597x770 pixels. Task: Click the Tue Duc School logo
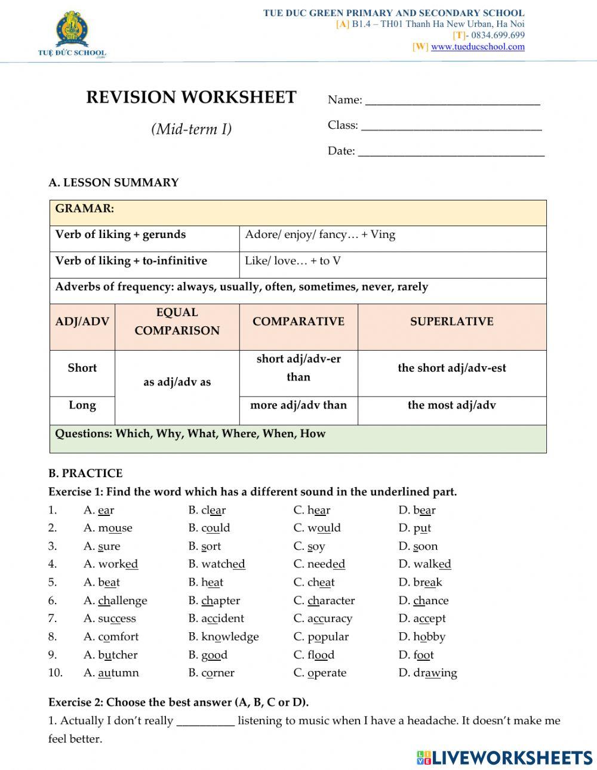[x=72, y=35]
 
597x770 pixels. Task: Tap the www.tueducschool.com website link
[x=478, y=47]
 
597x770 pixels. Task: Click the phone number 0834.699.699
[x=497, y=35]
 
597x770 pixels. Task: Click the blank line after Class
[x=451, y=126]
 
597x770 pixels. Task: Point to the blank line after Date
[x=451, y=152]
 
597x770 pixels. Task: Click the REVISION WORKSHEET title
[x=191, y=97]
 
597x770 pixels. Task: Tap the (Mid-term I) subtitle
[x=191, y=129]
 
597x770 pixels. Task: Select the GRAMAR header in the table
[x=85, y=209]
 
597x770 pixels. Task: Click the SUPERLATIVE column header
[x=451, y=321]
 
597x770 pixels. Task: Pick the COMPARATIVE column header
[x=298, y=321]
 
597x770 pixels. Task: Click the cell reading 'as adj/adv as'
[x=177, y=382]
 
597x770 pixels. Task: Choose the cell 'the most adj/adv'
[x=451, y=406]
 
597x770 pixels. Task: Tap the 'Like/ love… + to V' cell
[x=293, y=261]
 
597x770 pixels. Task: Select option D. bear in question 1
[x=417, y=511]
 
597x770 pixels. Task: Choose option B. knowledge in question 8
[x=223, y=637]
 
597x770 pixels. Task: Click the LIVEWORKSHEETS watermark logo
[x=504, y=757]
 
